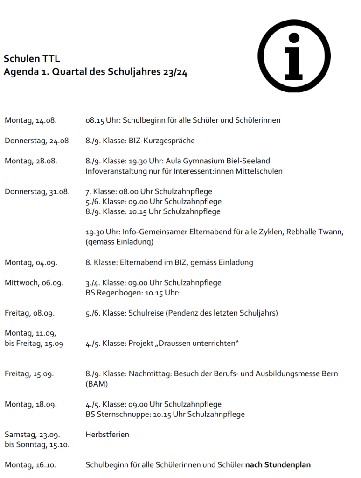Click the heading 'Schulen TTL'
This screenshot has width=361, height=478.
click(x=32, y=59)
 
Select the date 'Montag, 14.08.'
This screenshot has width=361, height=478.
click(x=31, y=120)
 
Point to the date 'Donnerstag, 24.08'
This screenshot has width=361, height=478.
click(x=37, y=141)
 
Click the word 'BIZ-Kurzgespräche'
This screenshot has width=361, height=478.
click(x=162, y=141)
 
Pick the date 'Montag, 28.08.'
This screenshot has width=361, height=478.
click(x=31, y=161)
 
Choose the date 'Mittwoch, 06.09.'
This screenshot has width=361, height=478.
click(x=34, y=282)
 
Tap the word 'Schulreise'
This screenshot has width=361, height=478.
click(x=146, y=313)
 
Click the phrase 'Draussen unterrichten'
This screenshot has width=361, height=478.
click(x=196, y=344)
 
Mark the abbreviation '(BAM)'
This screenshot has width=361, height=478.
click(x=97, y=384)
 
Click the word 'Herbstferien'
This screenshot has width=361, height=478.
click(x=107, y=435)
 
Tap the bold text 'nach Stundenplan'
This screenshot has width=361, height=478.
click(x=278, y=465)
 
